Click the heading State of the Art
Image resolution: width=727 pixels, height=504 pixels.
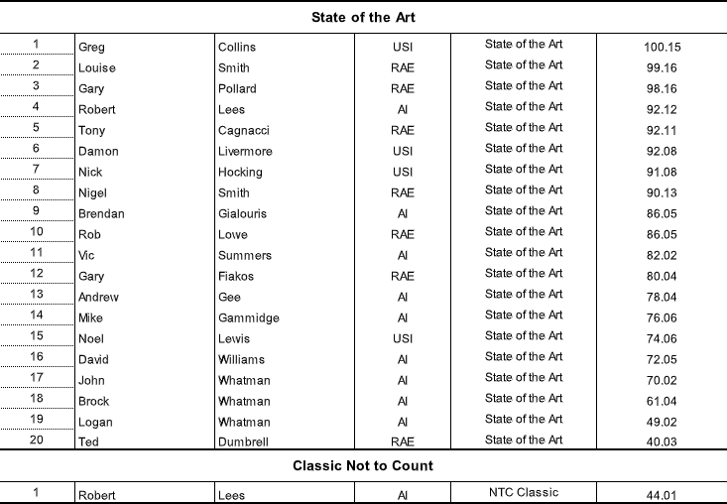point(363,17)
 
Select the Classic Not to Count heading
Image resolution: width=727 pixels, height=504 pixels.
point(363,465)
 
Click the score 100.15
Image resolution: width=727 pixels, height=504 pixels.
point(662,47)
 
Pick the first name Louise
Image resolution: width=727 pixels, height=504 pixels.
point(96,67)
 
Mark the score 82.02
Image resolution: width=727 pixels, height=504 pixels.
point(662,255)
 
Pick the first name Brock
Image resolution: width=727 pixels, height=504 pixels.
point(93,401)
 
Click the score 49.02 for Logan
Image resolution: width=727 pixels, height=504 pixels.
point(662,422)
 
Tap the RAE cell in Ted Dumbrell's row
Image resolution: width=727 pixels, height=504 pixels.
point(402,442)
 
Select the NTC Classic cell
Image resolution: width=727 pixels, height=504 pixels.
point(524,492)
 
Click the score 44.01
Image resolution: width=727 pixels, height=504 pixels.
point(662,495)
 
